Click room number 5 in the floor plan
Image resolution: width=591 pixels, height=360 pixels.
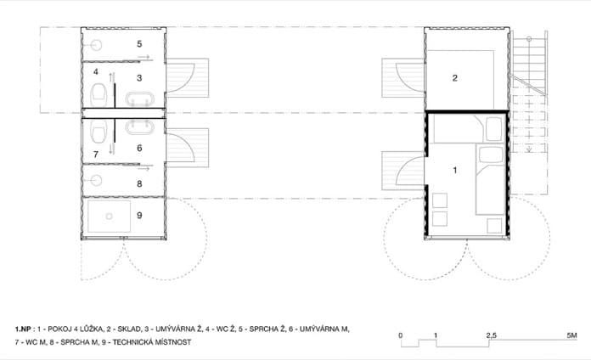tap(139, 44)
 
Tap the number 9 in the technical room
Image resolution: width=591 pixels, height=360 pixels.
tap(139, 216)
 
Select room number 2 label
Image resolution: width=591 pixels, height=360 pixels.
tap(455, 78)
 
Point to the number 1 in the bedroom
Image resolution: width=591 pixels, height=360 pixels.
tap(455, 171)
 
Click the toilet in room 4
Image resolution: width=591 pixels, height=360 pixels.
tap(98, 94)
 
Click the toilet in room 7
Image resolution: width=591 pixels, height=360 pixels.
tap(98, 132)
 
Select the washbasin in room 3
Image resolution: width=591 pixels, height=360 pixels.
tap(140, 99)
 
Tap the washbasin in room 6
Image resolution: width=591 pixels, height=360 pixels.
tap(140, 127)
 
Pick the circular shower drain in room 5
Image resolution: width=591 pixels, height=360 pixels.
tap(97, 46)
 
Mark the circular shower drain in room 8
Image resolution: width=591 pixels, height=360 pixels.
tap(97, 181)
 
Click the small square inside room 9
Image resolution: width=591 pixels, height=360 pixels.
tap(110, 217)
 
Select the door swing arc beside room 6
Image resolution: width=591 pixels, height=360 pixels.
tap(188, 143)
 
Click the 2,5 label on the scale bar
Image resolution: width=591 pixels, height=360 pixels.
tap(491, 335)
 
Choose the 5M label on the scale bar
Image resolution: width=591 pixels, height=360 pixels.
tap(571, 335)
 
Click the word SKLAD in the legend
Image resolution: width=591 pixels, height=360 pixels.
tap(127, 329)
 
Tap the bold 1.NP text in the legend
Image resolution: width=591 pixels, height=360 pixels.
tap(23, 329)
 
